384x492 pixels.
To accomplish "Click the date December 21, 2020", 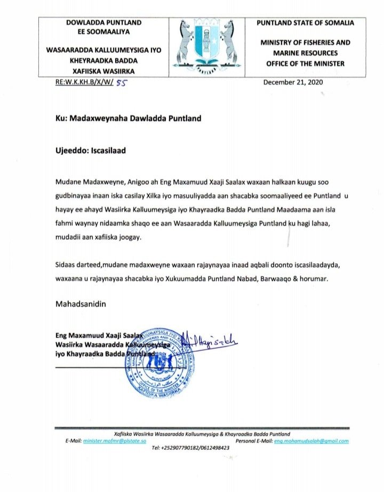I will (x=293, y=82).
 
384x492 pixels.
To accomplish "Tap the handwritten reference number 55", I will (x=122, y=83).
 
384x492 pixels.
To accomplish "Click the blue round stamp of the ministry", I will (x=159, y=359).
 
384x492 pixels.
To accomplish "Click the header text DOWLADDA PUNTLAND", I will (x=103, y=22).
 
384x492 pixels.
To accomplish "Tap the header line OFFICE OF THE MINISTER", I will (x=305, y=64).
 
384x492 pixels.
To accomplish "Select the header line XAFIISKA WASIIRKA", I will (x=103, y=71).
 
